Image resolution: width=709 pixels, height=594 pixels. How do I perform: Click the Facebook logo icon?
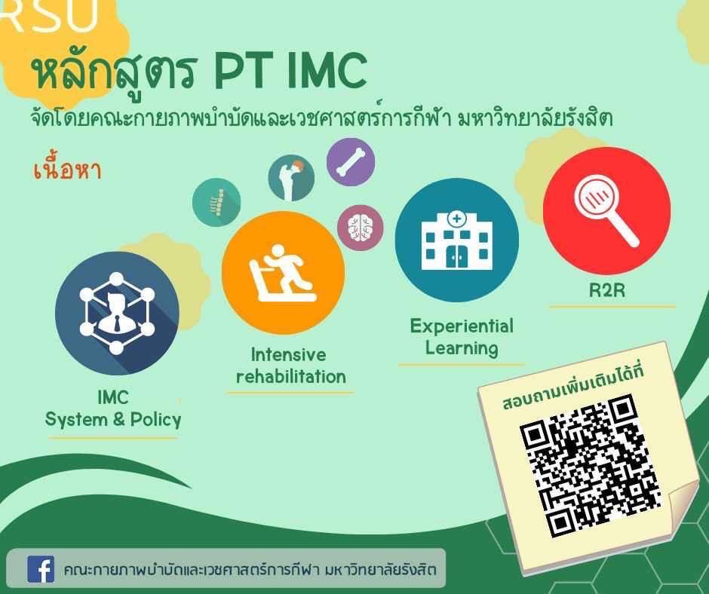(41, 569)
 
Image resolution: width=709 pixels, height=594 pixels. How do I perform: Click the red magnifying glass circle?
(606, 210)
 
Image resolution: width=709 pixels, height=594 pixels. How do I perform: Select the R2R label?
(607, 290)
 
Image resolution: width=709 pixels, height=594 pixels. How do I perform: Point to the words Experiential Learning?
(462, 337)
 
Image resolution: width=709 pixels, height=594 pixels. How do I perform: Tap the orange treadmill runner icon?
(284, 273)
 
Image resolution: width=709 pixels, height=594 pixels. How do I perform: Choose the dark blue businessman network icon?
(117, 314)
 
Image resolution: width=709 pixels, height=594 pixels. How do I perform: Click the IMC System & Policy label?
(113, 409)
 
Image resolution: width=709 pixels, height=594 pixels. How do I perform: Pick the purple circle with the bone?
(351, 162)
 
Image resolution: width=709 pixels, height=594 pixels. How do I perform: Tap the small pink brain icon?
(361, 228)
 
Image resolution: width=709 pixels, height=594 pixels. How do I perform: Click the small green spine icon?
(216, 201)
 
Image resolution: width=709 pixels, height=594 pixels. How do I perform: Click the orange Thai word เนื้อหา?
(67, 171)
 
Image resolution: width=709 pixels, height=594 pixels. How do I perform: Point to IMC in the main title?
(326, 72)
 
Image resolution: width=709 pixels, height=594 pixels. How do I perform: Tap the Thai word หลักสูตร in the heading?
(114, 72)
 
